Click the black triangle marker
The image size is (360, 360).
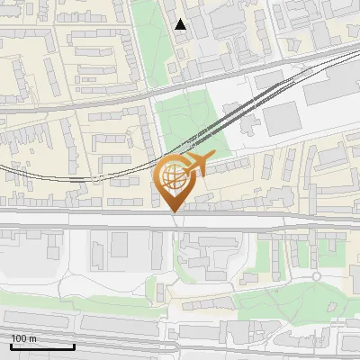(181, 24)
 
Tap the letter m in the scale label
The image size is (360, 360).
(31, 338)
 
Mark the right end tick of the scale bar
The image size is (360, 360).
(74, 346)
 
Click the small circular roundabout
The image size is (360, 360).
(317, 276)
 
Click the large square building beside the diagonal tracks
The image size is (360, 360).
(281, 117)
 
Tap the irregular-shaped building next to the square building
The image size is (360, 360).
(253, 122)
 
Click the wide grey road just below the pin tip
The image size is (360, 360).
(180, 220)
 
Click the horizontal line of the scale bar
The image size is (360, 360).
(41, 347)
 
